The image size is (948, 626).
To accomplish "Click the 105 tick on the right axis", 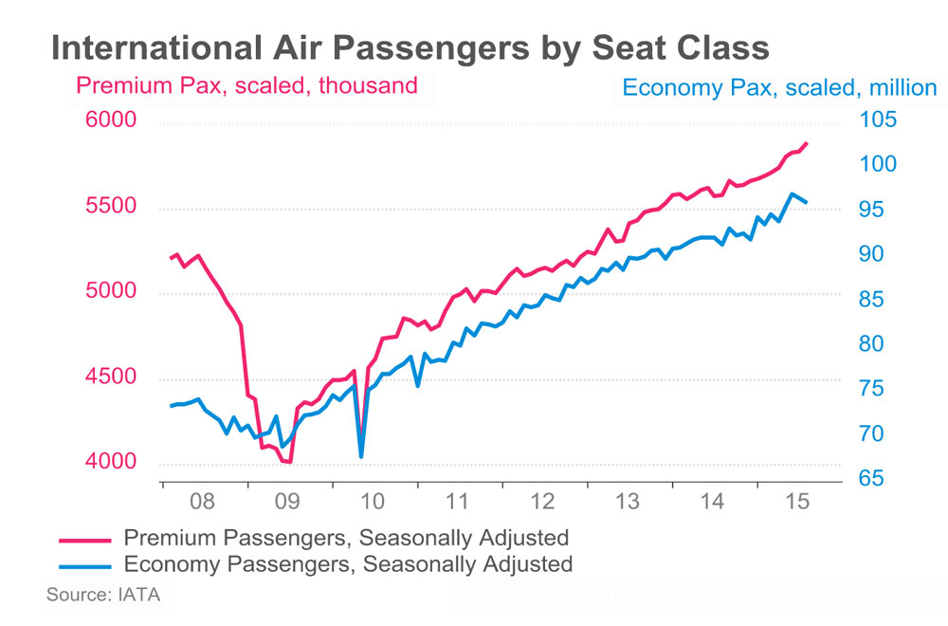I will pos(877,120).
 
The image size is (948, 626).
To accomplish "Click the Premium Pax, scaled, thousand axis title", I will pos(246,85).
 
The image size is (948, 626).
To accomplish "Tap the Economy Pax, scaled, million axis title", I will pos(779,88).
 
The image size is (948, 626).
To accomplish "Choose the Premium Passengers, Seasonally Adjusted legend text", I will pos(346,538).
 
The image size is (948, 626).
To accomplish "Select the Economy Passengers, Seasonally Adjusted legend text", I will pos(348,564).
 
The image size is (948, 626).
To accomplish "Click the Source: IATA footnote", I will pos(103,596).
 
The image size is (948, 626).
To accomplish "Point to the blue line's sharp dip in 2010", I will pos(361,456).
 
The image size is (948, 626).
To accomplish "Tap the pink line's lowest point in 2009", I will pos(289,462).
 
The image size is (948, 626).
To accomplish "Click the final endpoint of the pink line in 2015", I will pos(806,143).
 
